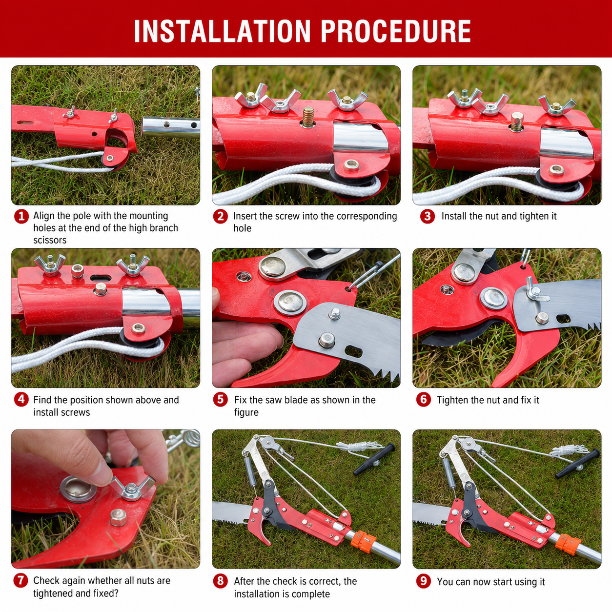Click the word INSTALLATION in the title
(x=222, y=31)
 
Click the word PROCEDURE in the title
(x=396, y=31)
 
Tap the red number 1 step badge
(x=21, y=216)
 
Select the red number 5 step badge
(x=221, y=399)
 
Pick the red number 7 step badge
(x=20, y=580)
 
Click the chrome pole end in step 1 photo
(x=170, y=127)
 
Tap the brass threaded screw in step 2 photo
(x=307, y=117)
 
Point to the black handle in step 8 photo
(x=374, y=459)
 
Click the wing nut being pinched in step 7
(x=132, y=488)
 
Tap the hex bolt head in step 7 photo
(x=118, y=518)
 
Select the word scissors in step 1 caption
(x=50, y=240)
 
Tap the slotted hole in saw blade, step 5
(x=353, y=351)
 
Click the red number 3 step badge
(x=427, y=216)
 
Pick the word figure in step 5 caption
(x=246, y=412)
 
